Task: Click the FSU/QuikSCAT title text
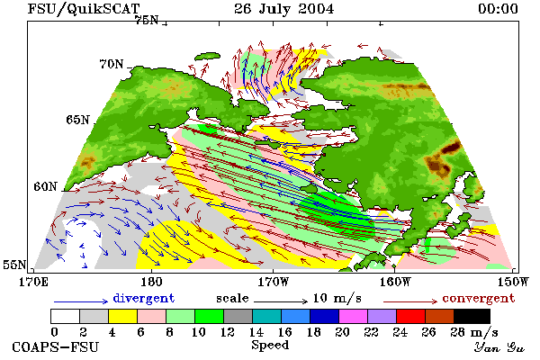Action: tap(84, 9)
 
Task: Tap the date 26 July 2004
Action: tap(284, 9)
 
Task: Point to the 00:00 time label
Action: tap(498, 9)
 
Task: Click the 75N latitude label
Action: tap(147, 20)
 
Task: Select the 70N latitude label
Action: tap(112, 64)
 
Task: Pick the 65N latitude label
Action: tap(77, 120)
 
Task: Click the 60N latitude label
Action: tap(45, 186)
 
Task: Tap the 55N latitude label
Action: tap(14, 265)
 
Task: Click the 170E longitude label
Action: tap(33, 282)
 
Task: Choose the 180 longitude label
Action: tap(151, 282)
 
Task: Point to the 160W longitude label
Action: tap(395, 282)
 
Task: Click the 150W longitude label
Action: tap(513, 282)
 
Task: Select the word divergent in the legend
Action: tap(144, 298)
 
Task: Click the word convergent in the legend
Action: tap(479, 298)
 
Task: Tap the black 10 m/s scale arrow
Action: tap(281, 301)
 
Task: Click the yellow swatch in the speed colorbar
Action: tap(123, 316)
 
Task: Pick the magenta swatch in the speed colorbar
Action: tap(354, 316)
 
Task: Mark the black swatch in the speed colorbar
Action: tap(472, 316)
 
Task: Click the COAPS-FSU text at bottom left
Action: tap(56, 346)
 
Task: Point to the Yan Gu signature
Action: tap(499, 346)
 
